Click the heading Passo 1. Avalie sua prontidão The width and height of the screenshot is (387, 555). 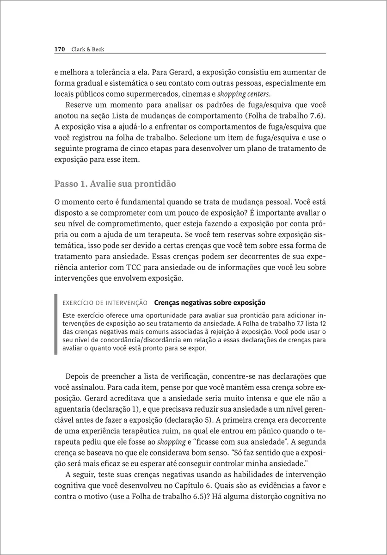pos(115,184)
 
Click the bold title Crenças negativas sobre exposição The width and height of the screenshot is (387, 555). pos(209,303)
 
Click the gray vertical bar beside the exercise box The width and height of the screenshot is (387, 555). pos(56,324)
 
